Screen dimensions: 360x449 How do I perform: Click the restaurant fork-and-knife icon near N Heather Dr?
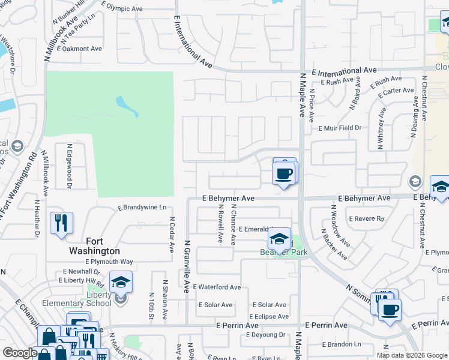pyautogui.click(x=61, y=223)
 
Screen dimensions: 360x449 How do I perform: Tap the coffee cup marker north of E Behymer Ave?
pyautogui.click(x=284, y=174)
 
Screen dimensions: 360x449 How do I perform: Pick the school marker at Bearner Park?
pyautogui.click(x=279, y=239)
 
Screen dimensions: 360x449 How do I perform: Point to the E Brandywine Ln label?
pyautogui.click(x=142, y=208)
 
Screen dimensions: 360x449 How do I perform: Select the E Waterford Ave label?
pyautogui.click(x=217, y=287)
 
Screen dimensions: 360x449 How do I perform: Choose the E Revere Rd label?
pyautogui.click(x=366, y=219)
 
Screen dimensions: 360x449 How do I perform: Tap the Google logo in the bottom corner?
pyautogui.click(x=20, y=353)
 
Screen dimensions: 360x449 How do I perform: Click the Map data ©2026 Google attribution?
pyautogui.click(x=411, y=355)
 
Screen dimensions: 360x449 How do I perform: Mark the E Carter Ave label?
pyautogui.click(x=396, y=91)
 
